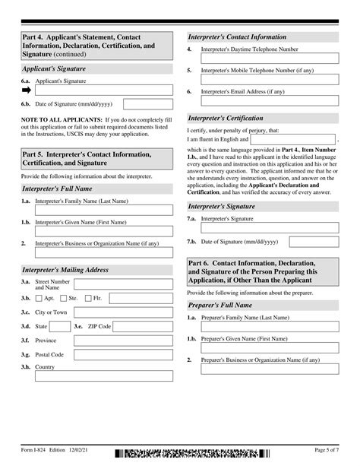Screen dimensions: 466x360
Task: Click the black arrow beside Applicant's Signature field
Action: (x=27, y=89)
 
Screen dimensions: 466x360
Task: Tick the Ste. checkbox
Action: (x=67, y=299)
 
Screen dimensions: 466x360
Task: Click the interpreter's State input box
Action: (x=58, y=326)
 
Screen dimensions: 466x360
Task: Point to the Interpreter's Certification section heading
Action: (x=226, y=119)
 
